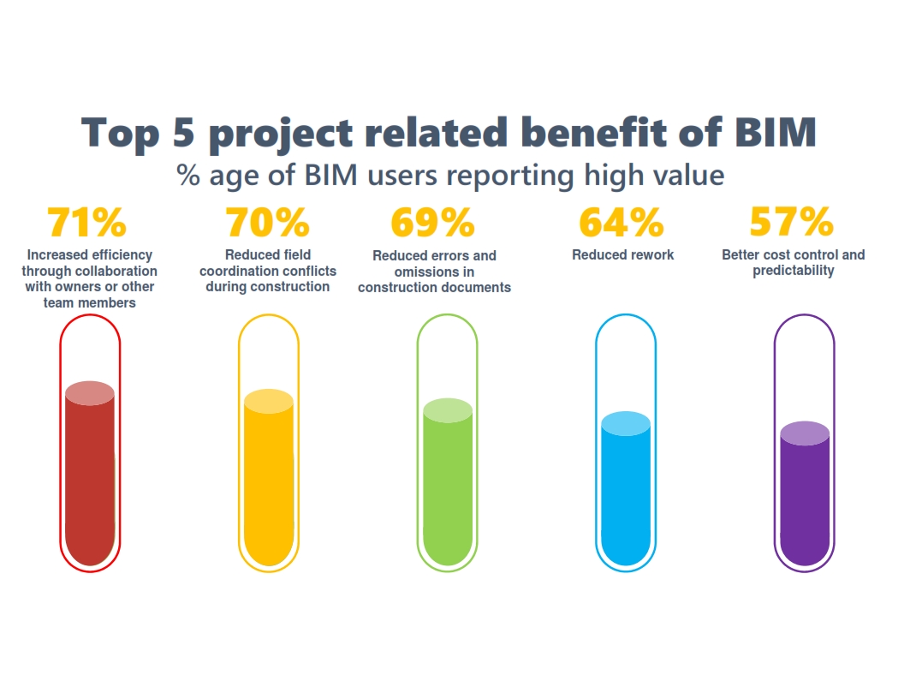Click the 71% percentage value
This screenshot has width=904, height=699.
coord(87,223)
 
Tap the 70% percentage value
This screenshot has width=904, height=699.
coord(267,223)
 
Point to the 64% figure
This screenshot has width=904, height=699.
coord(621,223)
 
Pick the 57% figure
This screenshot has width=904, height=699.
coord(792,223)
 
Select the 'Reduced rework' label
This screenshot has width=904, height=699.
coord(622,254)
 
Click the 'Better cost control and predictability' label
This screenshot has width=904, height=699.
coord(793,262)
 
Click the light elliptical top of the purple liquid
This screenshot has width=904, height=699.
coord(805,433)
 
